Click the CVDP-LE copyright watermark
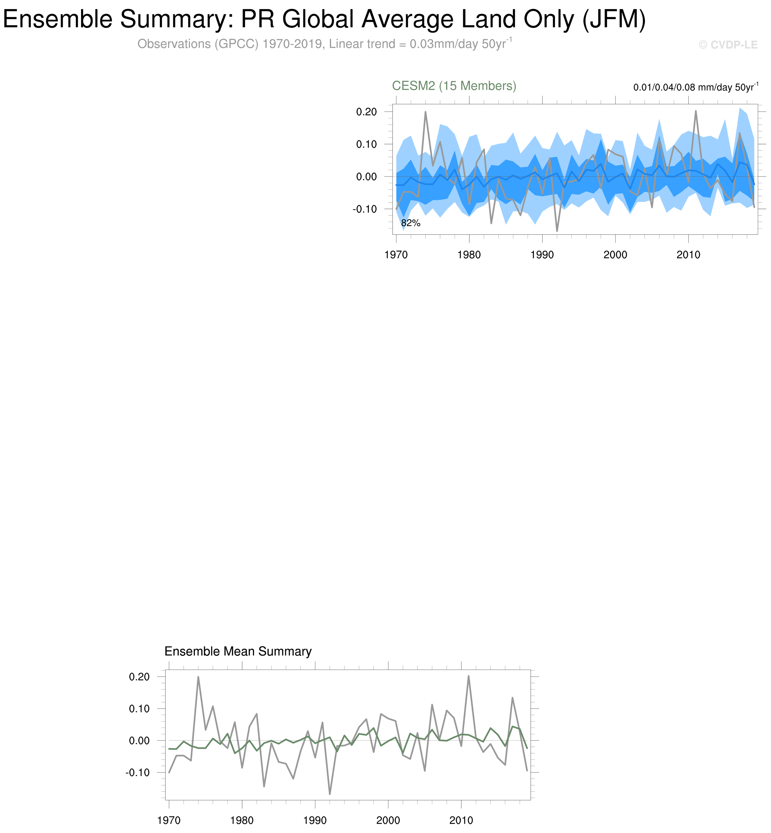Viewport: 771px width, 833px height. (x=728, y=45)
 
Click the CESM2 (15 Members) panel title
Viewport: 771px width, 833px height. (x=454, y=86)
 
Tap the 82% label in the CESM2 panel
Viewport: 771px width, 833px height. (x=410, y=223)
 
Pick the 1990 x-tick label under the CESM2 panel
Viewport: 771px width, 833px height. (x=542, y=255)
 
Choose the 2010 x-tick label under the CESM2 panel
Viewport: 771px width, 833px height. (x=688, y=255)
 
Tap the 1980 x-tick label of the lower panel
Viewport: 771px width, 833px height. (x=242, y=821)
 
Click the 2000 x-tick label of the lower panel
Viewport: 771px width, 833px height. (x=388, y=821)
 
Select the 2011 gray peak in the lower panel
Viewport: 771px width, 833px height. (x=469, y=676)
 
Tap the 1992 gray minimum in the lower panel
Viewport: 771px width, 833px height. (x=330, y=794)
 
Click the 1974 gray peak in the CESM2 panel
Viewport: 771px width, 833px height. (x=425, y=112)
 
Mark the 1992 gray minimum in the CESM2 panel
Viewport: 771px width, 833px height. (x=557, y=231)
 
